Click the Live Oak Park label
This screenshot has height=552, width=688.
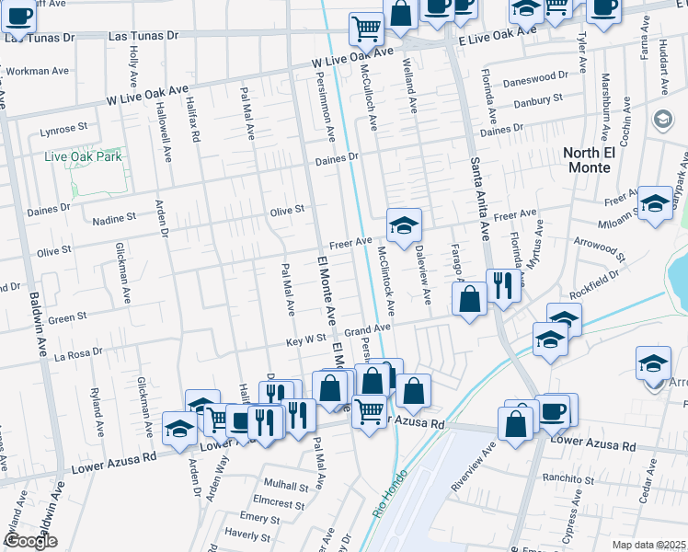click(84, 156)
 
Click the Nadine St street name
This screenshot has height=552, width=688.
click(114, 218)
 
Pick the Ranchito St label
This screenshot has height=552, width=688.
click(568, 479)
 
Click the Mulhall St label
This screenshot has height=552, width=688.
click(285, 485)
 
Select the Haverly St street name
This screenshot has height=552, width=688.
click(247, 534)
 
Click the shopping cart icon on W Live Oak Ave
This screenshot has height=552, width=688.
click(366, 30)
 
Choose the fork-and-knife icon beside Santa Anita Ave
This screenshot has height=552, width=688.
click(502, 284)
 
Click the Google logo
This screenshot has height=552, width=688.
click(30, 542)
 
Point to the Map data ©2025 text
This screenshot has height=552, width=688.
click(648, 545)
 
